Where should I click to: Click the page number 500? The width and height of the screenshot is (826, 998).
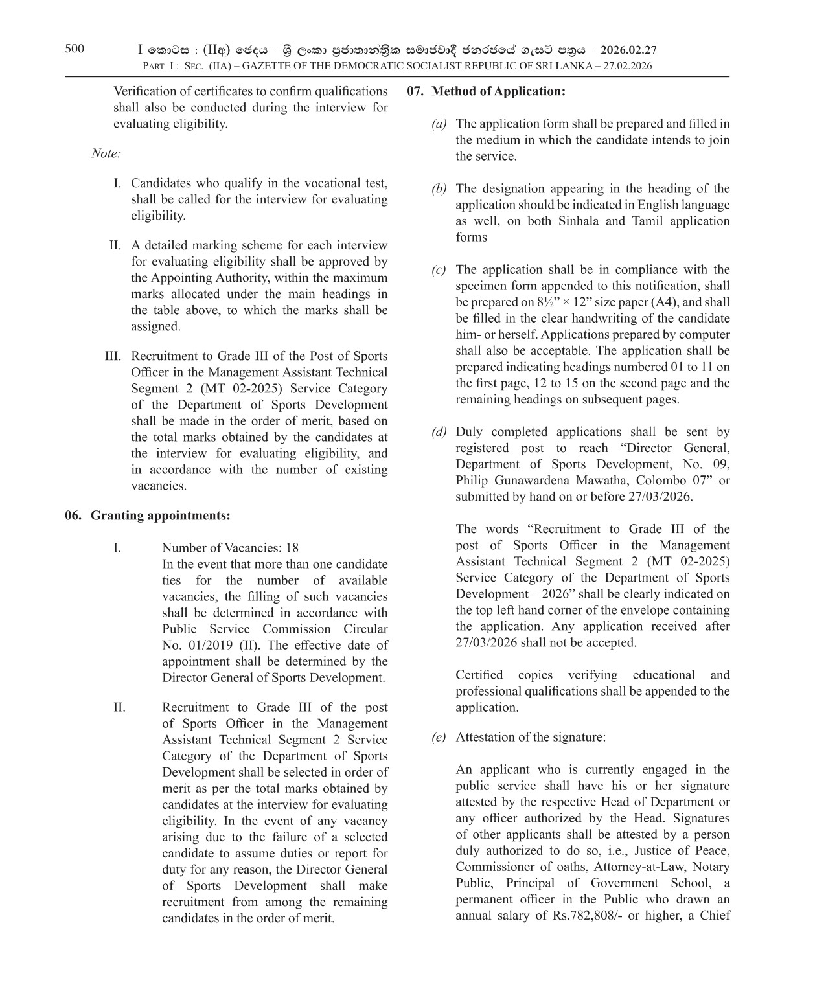coord(74,49)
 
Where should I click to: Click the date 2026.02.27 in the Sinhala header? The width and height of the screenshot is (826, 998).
coord(628,50)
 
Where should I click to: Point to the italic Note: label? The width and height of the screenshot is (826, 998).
coord(106,153)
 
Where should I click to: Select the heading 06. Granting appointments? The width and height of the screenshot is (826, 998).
coord(148,516)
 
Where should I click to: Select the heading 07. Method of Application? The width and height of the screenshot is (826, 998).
coord(486,91)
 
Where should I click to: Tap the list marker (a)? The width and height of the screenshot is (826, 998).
coord(439,124)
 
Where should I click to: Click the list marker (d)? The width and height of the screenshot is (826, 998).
coord(439,432)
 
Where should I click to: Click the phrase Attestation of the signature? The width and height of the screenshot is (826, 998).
coord(531,737)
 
